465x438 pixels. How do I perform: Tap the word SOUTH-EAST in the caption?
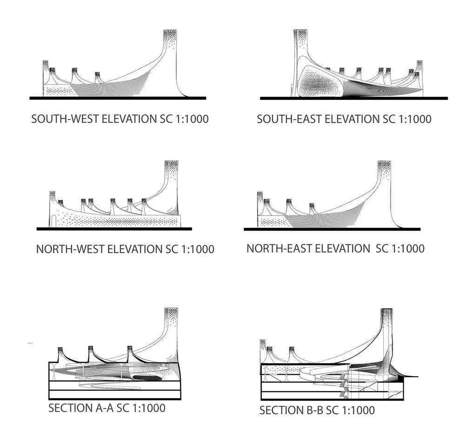(x=289, y=119)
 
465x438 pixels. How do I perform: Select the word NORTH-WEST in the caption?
(x=70, y=249)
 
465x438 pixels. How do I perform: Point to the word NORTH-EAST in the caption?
(x=279, y=248)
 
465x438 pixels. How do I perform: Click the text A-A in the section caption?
(x=105, y=408)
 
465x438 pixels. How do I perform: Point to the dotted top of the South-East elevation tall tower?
(x=301, y=37)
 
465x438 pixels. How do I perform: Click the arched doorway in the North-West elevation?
(x=53, y=221)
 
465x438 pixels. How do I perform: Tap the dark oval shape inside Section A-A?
(x=146, y=378)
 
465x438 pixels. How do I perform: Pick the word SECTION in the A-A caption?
(x=70, y=408)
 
